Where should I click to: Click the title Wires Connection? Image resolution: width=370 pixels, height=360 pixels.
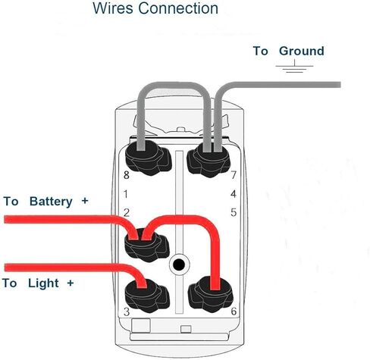[x=155, y=10]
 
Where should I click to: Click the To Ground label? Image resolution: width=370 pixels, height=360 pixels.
[x=288, y=52]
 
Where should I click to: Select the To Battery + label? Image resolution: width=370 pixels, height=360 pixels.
[x=46, y=202]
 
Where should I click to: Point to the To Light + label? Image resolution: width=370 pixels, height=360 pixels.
[x=39, y=283]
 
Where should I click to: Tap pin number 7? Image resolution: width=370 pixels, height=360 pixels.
[x=234, y=176]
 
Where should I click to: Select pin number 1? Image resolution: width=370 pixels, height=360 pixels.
[x=127, y=194]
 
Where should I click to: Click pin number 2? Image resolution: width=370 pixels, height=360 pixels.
[x=127, y=212]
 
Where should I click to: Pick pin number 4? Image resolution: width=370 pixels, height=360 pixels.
[x=234, y=194]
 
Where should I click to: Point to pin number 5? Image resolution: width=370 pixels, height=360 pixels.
[x=234, y=212]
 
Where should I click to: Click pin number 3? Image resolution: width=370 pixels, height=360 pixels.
[x=127, y=312]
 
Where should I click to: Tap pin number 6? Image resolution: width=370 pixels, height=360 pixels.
[x=234, y=312]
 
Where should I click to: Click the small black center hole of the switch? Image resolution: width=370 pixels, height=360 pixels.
[x=179, y=265]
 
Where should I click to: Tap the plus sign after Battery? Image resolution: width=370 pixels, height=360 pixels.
[x=84, y=201]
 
